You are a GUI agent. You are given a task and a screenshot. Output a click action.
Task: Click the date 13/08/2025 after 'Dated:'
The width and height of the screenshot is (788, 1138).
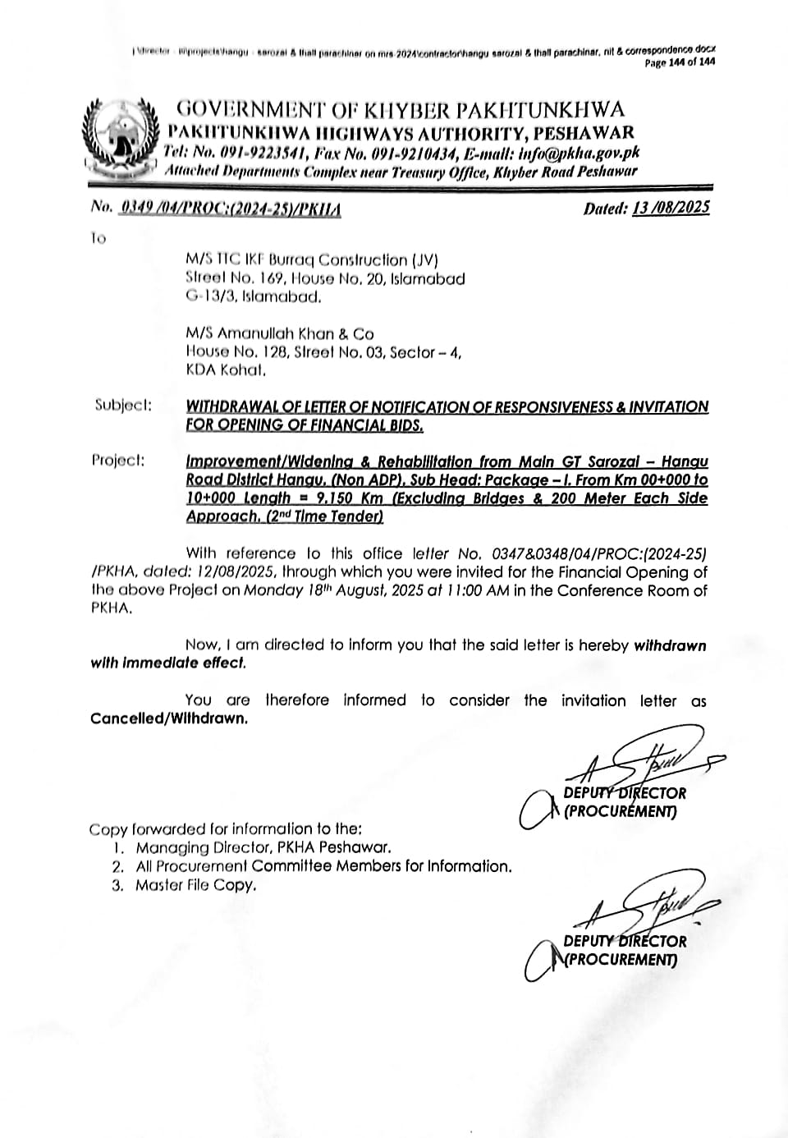pos(671,208)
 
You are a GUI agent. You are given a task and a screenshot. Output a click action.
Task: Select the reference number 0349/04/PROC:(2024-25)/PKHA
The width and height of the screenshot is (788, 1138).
pos(230,209)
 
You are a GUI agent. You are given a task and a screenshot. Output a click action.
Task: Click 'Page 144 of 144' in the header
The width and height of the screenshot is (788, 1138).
pos(679,62)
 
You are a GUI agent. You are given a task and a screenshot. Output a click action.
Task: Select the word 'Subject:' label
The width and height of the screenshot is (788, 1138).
pos(123,406)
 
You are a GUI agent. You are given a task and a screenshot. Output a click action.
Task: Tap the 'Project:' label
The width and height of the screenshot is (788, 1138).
pos(118,460)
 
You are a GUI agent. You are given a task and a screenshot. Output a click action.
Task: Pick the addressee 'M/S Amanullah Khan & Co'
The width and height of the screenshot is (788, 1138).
pos(280,333)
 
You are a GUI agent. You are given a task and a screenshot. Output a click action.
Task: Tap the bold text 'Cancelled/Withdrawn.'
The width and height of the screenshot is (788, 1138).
pos(169,718)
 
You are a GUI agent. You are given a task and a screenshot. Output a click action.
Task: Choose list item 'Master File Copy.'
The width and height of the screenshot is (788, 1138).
pos(196,885)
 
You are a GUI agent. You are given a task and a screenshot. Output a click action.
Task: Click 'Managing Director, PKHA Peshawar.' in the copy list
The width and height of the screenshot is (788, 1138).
pos(263,847)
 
